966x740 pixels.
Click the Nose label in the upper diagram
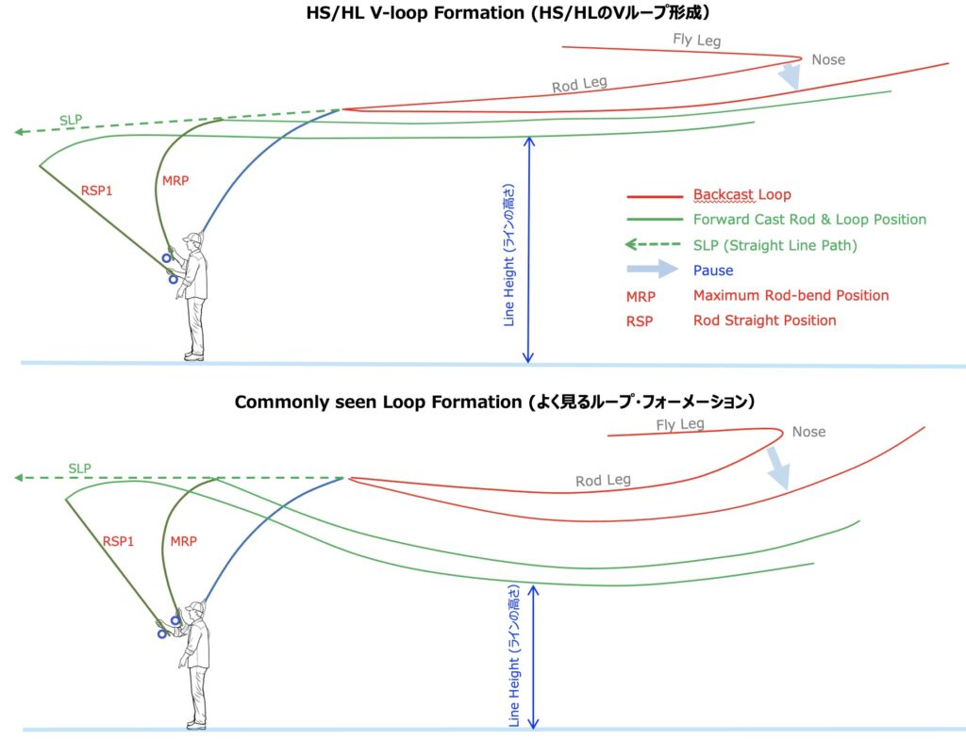[828, 59]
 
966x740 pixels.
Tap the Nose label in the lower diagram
[808, 432]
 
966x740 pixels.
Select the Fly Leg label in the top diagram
[696, 40]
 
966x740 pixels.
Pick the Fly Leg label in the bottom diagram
[680, 425]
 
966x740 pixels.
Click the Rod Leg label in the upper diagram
[579, 85]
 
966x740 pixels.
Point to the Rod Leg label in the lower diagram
[603, 481]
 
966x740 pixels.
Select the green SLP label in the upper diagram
[71, 120]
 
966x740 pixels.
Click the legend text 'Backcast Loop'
[741, 195]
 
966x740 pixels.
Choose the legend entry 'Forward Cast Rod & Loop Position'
[809, 220]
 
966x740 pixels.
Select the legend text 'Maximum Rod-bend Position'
[791, 295]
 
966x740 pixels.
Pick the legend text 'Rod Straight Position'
[764, 321]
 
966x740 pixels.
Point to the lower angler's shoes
[195, 725]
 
